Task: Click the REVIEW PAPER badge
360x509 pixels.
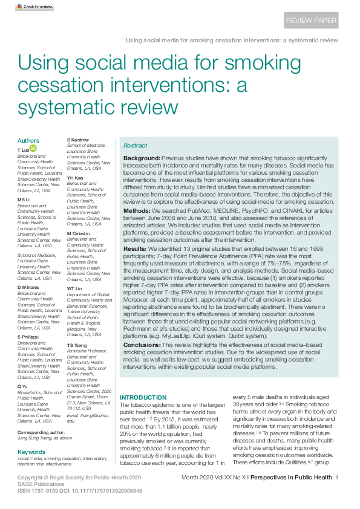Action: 310,20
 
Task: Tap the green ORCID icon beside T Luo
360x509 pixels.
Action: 34,148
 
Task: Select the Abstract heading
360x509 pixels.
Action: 135,146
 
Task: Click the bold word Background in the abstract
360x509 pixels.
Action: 142,157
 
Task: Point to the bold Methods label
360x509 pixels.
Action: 137,212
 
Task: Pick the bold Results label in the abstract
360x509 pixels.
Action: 135,248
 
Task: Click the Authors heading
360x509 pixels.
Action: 28,141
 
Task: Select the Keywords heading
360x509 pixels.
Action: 31,452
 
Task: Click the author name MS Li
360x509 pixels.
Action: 24,199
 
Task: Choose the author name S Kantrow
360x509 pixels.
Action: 77,140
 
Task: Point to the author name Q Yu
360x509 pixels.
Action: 22,386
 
